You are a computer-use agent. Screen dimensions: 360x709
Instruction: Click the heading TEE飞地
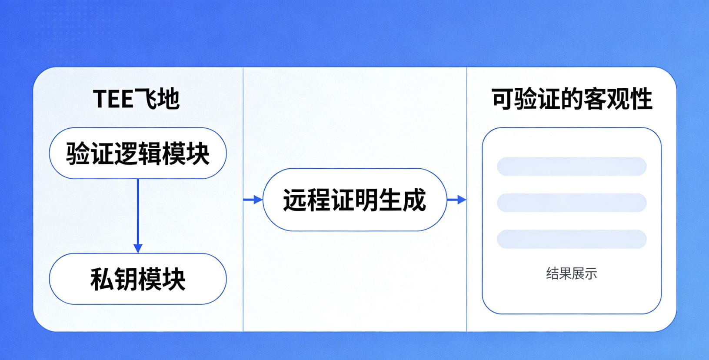[136, 99]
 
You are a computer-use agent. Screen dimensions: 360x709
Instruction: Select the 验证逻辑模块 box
[137, 153]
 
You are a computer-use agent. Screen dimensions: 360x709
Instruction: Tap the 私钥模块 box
[137, 279]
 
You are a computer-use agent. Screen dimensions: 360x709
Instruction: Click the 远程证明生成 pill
[354, 200]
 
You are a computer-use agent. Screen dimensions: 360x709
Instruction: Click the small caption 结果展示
[571, 273]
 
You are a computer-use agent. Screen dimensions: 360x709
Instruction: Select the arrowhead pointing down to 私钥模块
[138, 248]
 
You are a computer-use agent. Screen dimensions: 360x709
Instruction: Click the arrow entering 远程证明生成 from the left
[253, 200]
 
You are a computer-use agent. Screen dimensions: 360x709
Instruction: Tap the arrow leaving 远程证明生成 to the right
[456, 200]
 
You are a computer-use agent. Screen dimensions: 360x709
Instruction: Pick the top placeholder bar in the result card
[571, 167]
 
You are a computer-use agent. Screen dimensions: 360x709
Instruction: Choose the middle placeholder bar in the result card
[571, 203]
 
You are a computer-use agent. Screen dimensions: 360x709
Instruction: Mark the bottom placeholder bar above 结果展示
[571, 239]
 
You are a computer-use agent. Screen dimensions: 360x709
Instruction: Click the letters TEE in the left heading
[113, 99]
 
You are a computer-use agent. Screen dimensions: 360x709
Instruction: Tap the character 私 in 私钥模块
[102, 279]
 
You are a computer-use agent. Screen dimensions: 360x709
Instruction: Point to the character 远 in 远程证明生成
[295, 200]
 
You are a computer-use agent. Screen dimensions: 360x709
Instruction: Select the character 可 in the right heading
[503, 99]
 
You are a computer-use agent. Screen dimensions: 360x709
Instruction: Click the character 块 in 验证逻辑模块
[198, 153]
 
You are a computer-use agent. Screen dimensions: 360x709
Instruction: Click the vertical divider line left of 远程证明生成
[243, 130]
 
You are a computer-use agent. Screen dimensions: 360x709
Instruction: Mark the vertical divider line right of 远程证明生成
[466, 130]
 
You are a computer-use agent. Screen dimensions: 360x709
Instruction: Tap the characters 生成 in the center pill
[402, 200]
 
